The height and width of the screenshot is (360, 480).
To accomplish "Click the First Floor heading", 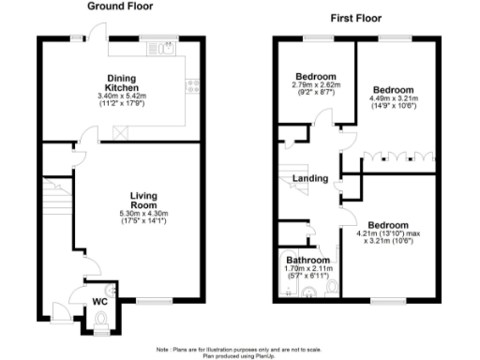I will [358, 18].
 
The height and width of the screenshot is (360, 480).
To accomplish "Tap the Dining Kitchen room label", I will [121, 83].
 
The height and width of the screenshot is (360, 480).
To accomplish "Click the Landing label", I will [310, 178].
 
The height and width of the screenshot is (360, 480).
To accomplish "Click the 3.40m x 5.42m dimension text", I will [121, 97].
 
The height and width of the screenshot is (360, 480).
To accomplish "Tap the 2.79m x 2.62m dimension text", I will [311, 85].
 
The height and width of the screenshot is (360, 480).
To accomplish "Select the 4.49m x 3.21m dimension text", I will [389, 96].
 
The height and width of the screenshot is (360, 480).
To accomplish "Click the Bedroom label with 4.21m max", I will [387, 226].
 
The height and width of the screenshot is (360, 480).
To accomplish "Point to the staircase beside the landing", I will [292, 178].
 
